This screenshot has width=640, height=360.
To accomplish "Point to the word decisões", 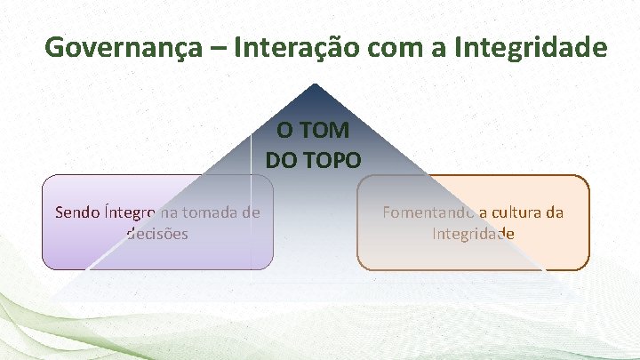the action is [157, 234].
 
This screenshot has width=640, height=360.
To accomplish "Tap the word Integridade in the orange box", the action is [473, 234].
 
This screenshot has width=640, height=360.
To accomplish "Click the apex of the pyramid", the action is [313, 86].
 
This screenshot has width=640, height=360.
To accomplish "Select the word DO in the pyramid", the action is [281, 161].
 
